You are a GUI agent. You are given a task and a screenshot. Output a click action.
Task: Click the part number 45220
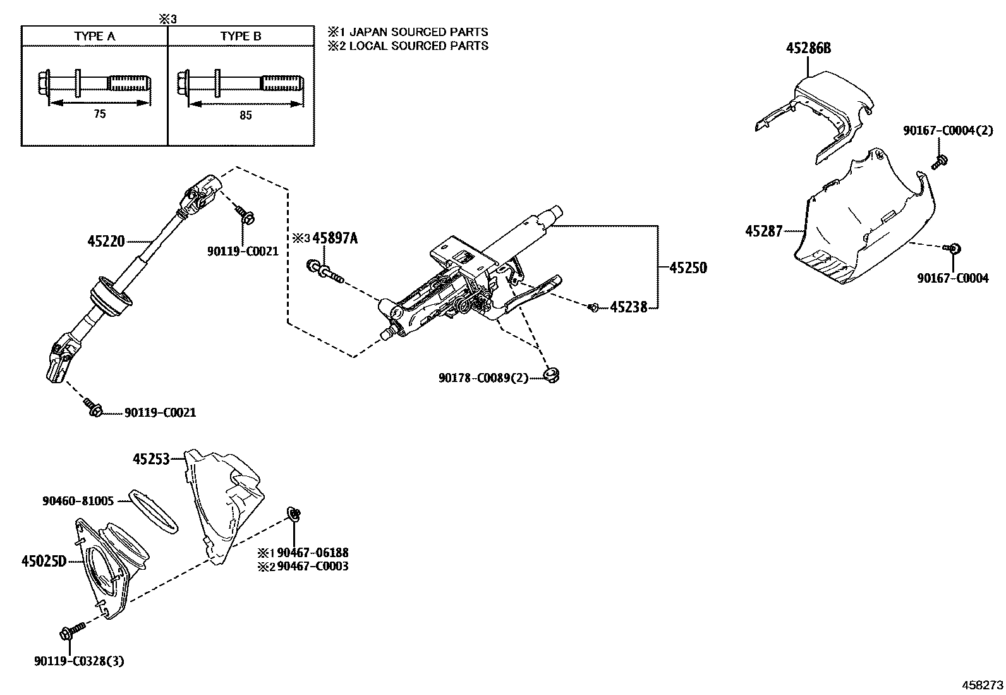(x=106, y=242)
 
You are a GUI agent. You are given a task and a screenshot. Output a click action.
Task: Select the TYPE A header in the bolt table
(x=95, y=36)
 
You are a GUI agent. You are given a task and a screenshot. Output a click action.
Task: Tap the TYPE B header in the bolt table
(x=241, y=36)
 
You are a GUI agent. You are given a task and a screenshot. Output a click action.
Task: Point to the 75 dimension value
(x=100, y=114)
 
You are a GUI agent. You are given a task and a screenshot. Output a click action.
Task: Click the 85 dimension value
(x=246, y=116)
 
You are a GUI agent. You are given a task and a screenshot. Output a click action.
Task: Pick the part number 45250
(x=688, y=268)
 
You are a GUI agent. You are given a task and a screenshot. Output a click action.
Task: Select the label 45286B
(x=808, y=48)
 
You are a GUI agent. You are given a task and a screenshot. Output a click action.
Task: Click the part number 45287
(x=764, y=231)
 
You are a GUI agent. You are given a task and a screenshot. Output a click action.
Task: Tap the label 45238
(x=629, y=307)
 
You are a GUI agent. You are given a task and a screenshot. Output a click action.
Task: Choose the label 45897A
(x=335, y=238)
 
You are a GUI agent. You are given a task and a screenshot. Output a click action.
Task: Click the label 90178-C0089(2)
(x=483, y=378)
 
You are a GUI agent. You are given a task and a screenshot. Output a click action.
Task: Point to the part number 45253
(x=152, y=459)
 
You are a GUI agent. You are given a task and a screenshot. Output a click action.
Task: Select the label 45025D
(x=44, y=561)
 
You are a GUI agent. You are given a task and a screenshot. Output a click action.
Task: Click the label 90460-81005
(x=78, y=501)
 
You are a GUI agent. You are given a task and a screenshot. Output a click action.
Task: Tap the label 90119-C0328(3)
(x=79, y=661)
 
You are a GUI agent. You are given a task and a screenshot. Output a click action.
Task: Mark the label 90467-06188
(x=313, y=553)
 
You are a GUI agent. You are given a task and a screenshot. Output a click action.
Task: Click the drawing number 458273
(x=982, y=685)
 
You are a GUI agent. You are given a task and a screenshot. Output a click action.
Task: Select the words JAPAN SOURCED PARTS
(x=418, y=32)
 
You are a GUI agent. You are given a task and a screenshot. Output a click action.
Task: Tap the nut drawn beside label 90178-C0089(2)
(x=551, y=375)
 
